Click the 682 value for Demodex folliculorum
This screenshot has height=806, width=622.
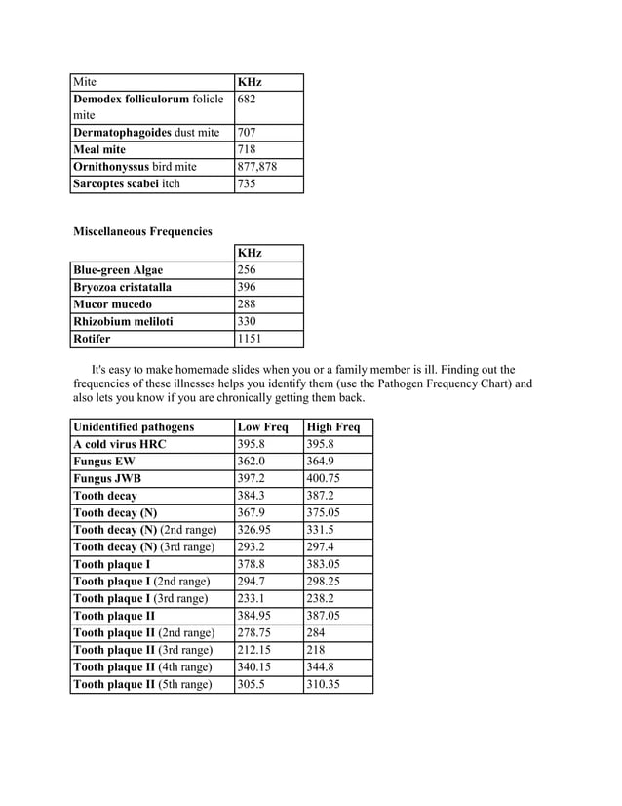click(249, 100)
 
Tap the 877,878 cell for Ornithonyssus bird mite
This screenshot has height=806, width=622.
click(257, 167)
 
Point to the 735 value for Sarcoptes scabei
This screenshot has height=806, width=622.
click(249, 183)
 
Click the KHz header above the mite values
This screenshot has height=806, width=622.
click(250, 82)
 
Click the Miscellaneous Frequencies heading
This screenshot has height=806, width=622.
click(142, 232)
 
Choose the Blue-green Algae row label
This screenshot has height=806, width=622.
click(118, 270)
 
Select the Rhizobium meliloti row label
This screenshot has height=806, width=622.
click(123, 322)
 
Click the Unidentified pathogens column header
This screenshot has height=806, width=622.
click(134, 427)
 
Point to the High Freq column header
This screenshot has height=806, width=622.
click(332, 427)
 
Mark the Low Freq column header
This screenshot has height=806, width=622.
click(262, 427)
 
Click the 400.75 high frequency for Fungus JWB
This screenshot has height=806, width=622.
click(323, 479)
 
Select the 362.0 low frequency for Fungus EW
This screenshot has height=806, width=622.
click(253, 462)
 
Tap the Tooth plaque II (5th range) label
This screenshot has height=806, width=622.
click(142, 685)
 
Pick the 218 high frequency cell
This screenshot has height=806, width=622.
click(316, 650)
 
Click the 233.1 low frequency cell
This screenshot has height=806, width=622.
click(253, 599)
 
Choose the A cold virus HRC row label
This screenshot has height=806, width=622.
click(120, 444)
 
